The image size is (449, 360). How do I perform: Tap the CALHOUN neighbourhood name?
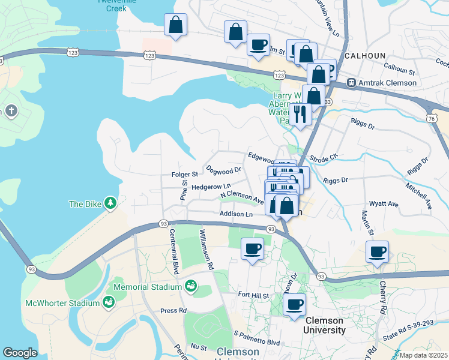point(365,55)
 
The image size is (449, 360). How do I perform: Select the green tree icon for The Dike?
point(110,203)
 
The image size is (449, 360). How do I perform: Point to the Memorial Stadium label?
point(147,287)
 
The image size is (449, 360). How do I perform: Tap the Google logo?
point(20,353)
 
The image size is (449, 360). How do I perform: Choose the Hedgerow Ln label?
point(211,187)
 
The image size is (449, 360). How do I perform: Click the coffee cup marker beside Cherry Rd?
point(378,252)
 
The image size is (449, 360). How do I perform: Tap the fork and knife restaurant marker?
point(300,113)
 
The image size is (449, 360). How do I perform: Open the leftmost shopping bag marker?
point(175,25)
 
